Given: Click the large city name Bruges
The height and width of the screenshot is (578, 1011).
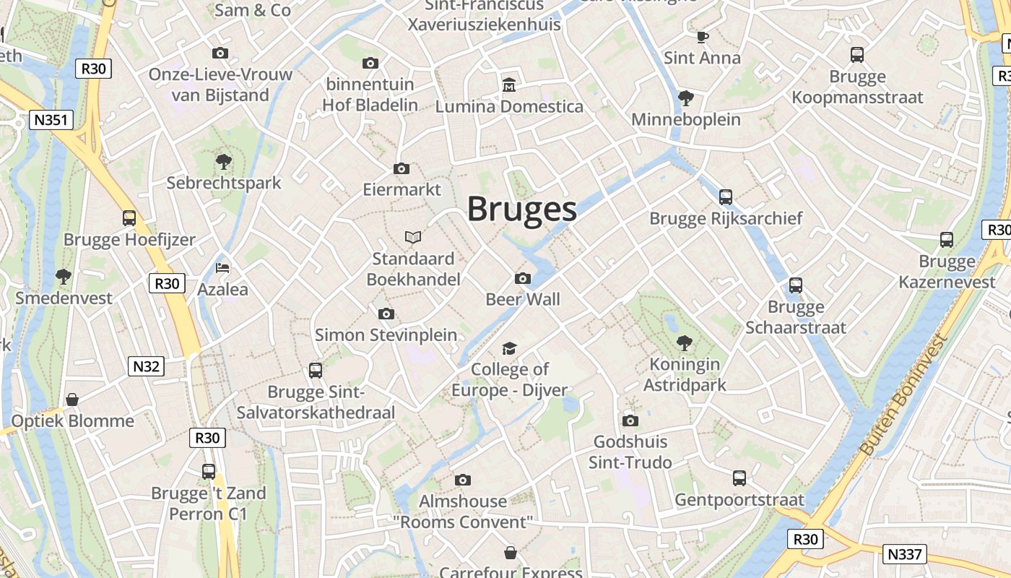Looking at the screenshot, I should (x=521, y=209).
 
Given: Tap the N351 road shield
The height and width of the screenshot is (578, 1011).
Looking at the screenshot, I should (x=51, y=120).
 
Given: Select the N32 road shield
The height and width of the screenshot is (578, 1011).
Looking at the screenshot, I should (x=146, y=366).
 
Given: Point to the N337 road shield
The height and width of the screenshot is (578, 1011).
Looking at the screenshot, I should (x=904, y=554).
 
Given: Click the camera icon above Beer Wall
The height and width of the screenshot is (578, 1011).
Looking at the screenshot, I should (x=522, y=279).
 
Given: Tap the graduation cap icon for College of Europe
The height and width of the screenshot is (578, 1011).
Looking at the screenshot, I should (x=510, y=349).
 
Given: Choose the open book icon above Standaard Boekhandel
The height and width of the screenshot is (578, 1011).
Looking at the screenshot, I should (x=413, y=237).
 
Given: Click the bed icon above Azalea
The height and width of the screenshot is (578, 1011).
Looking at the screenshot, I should (x=222, y=268).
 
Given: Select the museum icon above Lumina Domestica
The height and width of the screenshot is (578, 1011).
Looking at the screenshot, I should (x=509, y=85).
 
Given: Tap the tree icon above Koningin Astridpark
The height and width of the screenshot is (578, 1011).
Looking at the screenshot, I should (x=684, y=343).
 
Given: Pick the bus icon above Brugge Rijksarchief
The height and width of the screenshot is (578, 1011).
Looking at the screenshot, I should (x=726, y=197).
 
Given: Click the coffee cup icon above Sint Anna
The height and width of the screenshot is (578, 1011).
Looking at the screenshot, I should (x=702, y=37).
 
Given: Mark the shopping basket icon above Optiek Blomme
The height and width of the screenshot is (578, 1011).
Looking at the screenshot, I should (x=72, y=400).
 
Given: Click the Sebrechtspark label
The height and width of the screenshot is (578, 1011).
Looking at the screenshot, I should (x=224, y=183).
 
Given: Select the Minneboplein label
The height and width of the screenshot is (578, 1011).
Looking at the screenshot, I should (x=686, y=119).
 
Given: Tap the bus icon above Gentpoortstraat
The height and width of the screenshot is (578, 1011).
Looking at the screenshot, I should (x=739, y=478).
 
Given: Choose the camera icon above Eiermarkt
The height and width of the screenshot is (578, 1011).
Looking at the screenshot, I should (x=402, y=169).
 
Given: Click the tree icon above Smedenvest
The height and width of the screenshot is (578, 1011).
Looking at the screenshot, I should (x=64, y=276).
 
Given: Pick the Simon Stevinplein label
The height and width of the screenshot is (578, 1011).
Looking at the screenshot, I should (x=386, y=335).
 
